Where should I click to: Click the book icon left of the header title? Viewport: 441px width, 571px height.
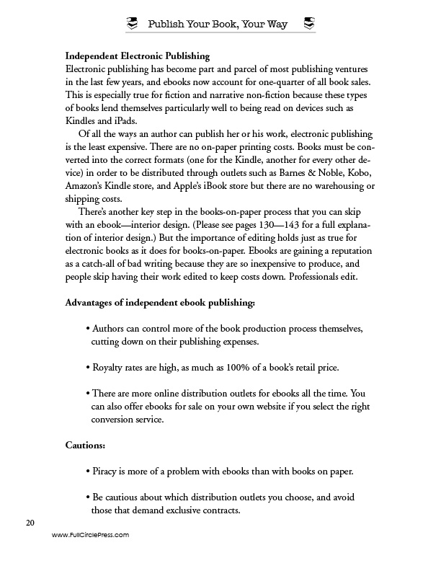[131, 25]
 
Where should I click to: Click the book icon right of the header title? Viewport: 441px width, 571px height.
[308, 25]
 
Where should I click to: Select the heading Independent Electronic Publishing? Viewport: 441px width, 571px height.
[137, 56]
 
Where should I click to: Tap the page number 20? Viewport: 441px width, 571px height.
[30, 522]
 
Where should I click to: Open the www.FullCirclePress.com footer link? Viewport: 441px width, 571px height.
[90, 536]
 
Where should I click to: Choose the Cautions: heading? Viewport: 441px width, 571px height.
[85, 446]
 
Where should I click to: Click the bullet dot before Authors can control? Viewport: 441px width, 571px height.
[87, 329]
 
